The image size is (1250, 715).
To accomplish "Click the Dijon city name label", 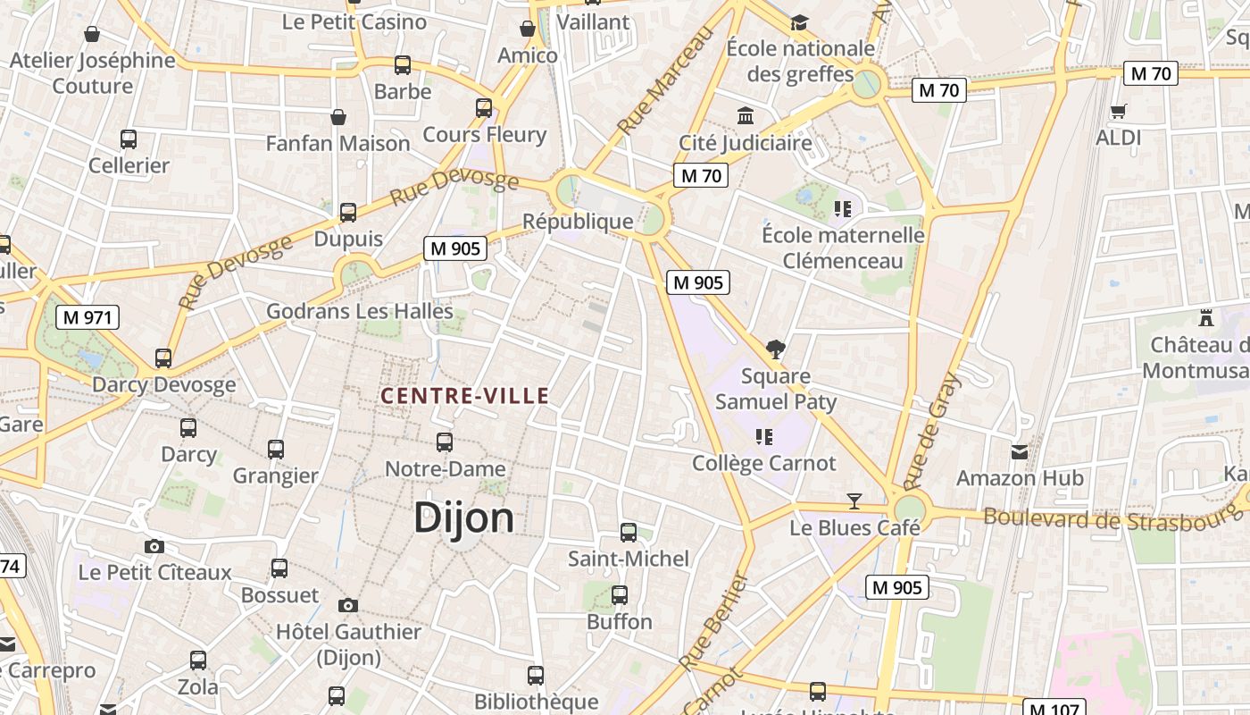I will pyautogui.click(x=463, y=518).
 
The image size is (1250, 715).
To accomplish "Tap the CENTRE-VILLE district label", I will pyautogui.click(x=464, y=395).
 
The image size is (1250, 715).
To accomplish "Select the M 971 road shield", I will pyautogui.click(x=87, y=316).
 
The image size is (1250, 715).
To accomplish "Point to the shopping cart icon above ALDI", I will pyautogui.click(x=1118, y=111).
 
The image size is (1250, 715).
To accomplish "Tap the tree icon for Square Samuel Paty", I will pyautogui.click(x=775, y=349).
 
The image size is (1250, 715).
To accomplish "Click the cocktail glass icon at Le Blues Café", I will pyautogui.click(x=854, y=501).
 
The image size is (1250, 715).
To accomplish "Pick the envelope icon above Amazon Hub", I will pyautogui.click(x=1019, y=451).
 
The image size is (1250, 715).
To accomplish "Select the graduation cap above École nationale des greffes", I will pyautogui.click(x=799, y=21).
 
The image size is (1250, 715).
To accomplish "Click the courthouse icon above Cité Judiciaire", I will pyautogui.click(x=745, y=115).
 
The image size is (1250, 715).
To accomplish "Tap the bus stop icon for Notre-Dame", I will pyautogui.click(x=444, y=442).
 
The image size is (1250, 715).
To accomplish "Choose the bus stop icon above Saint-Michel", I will pyautogui.click(x=629, y=533).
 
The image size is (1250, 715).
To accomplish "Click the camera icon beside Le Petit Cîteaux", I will pyautogui.click(x=154, y=546).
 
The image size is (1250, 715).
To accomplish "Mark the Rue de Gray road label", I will pyautogui.click(x=934, y=432).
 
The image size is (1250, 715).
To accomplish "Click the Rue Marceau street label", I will pyautogui.click(x=666, y=80).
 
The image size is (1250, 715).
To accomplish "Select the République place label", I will pyautogui.click(x=578, y=221).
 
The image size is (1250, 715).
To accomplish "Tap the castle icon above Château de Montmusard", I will pyautogui.click(x=1206, y=317).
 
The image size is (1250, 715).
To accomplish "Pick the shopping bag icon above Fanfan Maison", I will pyautogui.click(x=338, y=117).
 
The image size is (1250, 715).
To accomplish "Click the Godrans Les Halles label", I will pyautogui.click(x=360, y=312).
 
